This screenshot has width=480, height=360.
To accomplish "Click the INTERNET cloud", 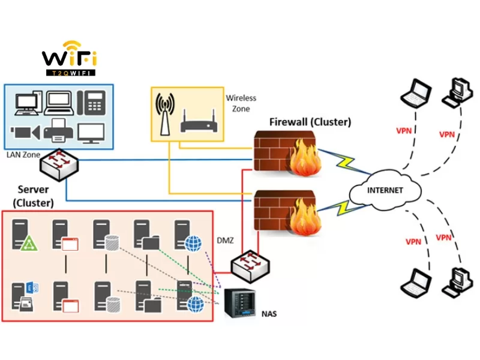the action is pos(385,190).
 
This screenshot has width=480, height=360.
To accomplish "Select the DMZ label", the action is pos(226,241).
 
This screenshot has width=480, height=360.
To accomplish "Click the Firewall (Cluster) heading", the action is pos(310,122).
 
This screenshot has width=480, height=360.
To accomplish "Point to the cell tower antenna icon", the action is pos(165,114).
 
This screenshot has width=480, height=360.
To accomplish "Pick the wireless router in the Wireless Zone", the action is pos(199,121).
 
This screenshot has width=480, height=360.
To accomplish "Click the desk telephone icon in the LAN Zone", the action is pos(91,103).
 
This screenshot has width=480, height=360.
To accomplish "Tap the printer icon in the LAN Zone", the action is pos(58,130).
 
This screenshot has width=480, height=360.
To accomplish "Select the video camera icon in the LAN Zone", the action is pos(25,133).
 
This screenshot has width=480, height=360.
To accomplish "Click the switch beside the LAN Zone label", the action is pos(59,164).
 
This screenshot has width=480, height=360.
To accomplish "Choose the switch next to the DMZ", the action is pos(250,266).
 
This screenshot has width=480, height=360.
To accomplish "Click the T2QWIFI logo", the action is pos(70,58).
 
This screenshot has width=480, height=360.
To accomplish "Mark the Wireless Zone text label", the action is pos(241,103).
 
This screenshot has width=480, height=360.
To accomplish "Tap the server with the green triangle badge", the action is pos(25,235).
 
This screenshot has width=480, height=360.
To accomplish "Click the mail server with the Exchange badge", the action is pos(25,296).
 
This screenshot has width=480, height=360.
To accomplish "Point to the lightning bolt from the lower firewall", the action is pos(343,208).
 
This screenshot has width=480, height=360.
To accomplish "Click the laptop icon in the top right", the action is pos(416,93).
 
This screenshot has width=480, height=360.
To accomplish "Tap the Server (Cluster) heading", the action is pos(34,196).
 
